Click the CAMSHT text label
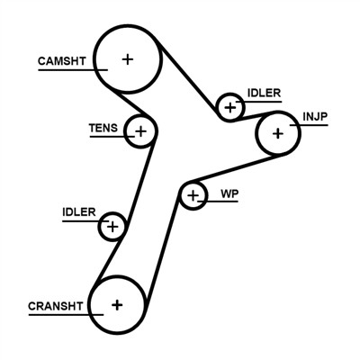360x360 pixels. point(61,61)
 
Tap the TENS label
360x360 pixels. point(102,127)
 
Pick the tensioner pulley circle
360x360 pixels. point(139,131)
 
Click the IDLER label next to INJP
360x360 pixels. point(263,94)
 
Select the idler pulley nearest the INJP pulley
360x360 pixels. point(230,108)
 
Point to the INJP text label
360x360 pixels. point(316,116)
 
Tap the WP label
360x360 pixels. point(229,193)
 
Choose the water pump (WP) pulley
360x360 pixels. point(193,195)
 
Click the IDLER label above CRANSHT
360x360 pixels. point(78,211)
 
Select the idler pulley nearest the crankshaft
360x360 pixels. point(112,226)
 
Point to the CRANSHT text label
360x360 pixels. point(56,306)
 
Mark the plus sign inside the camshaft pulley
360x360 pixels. point(127,59)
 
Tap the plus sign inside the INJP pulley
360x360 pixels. point(277,134)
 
